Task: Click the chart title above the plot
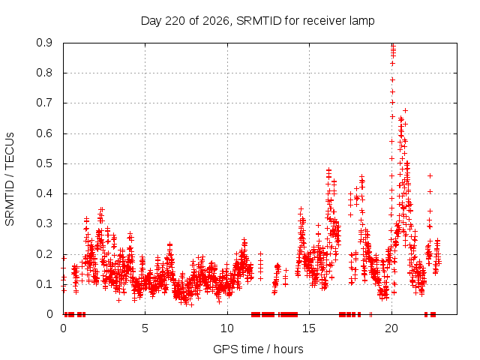coord(257,21)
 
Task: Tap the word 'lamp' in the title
coord(362,21)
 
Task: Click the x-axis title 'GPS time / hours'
coord(258,349)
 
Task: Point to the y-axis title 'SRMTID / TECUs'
coord(10,179)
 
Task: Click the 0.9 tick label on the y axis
coord(44,43)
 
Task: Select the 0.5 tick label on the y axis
coord(44,163)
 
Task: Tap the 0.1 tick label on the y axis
coord(44,284)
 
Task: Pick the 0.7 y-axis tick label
coord(44,103)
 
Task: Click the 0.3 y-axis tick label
coord(44,223)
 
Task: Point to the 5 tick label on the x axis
coord(145,328)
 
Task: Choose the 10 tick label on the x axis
coord(227,328)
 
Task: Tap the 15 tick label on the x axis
coord(309,328)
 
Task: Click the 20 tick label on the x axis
coord(391,328)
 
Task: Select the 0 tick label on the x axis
coord(63,328)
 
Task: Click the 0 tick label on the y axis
coord(49,314)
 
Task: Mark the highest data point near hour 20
coord(393,46)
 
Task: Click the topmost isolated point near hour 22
coord(430,175)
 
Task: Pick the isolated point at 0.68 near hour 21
coord(405,110)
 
